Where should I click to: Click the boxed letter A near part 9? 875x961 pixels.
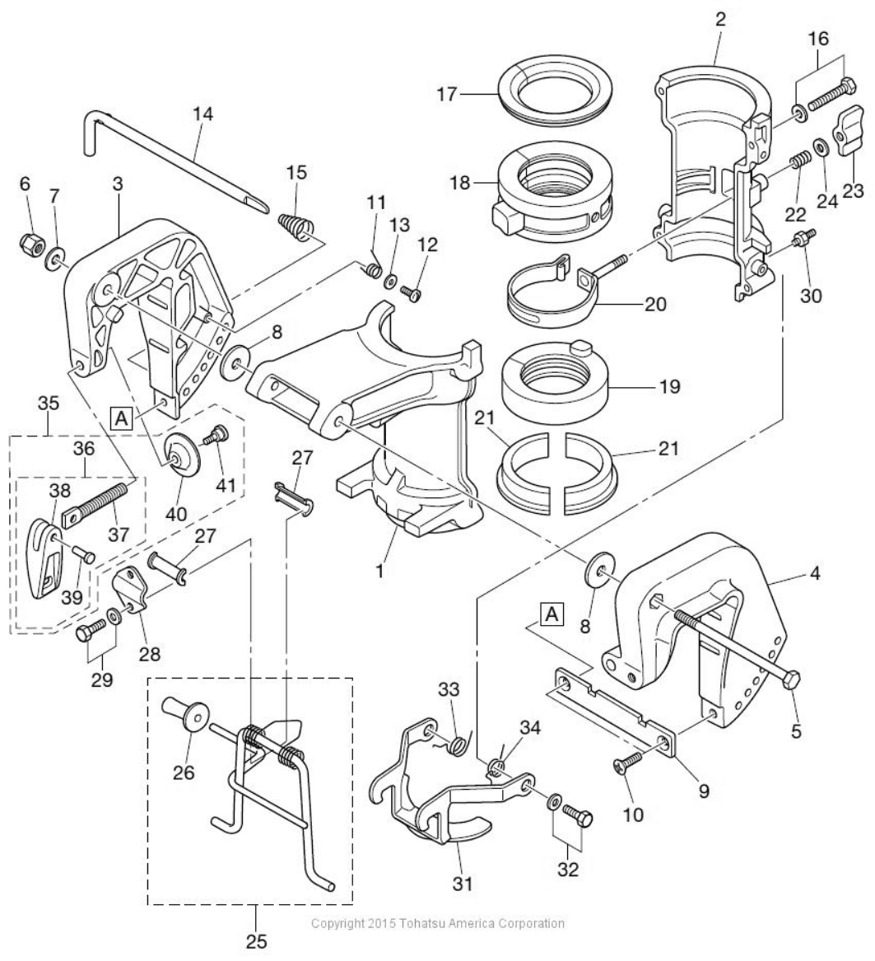[x=552, y=613]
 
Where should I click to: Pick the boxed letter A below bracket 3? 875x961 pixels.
[x=122, y=418]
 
